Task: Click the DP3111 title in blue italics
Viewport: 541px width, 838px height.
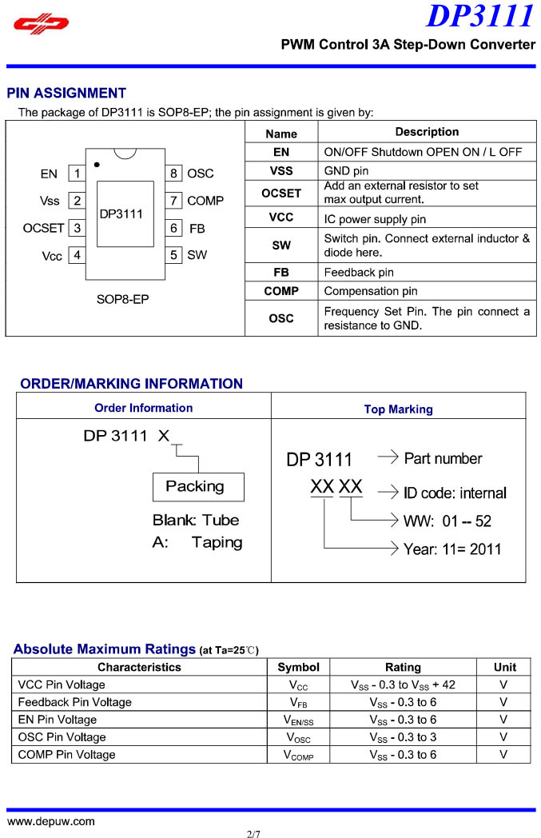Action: click(x=479, y=16)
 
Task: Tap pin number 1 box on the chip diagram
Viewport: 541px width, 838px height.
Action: click(x=77, y=174)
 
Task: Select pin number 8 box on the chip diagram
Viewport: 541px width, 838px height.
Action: click(x=173, y=174)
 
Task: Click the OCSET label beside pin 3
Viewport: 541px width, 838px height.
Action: click(x=43, y=228)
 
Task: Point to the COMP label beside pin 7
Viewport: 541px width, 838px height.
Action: click(x=205, y=201)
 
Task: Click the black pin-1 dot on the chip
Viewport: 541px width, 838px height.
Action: click(x=97, y=164)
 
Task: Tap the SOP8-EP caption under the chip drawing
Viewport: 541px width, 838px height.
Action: click(x=122, y=301)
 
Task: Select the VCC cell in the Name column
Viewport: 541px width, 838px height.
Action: click(x=281, y=217)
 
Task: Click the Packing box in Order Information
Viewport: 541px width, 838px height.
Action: click(x=197, y=486)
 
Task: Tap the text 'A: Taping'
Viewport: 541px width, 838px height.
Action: click(x=197, y=542)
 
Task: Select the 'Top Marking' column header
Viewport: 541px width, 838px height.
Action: click(x=398, y=409)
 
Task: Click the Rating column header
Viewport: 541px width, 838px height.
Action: click(x=403, y=667)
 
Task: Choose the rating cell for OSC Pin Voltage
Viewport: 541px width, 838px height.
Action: click(x=403, y=737)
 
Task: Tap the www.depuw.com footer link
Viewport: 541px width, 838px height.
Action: click(x=51, y=821)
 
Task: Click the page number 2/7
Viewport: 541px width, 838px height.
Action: click(x=254, y=832)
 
